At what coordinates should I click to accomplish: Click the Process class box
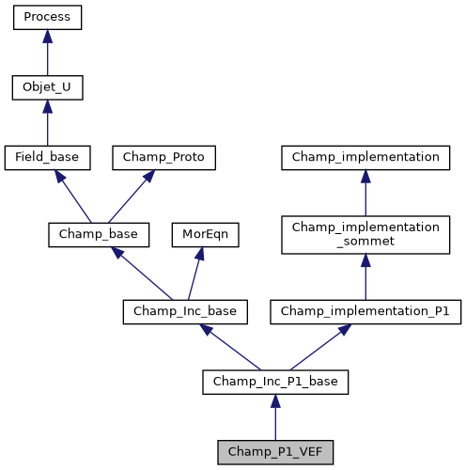(47, 17)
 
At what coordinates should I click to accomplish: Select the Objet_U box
(47, 88)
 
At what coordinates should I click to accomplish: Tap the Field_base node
(47, 158)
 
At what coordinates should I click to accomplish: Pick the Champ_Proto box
(164, 158)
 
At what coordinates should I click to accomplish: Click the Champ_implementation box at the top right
(365, 158)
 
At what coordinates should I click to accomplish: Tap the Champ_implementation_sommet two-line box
(365, 234)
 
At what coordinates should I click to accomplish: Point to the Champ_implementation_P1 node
(365, 311)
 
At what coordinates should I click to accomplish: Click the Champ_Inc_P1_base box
(275, 382)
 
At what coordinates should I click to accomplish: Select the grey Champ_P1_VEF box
(275, 452)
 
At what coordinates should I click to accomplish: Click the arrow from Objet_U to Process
(47, 53)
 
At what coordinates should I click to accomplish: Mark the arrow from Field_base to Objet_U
(47, 123)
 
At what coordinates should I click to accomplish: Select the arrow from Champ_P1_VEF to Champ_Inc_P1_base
(275, 417)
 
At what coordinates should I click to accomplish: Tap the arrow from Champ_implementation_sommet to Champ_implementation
(365, 194)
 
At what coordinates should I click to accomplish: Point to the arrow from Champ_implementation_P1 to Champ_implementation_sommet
(365, 276)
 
